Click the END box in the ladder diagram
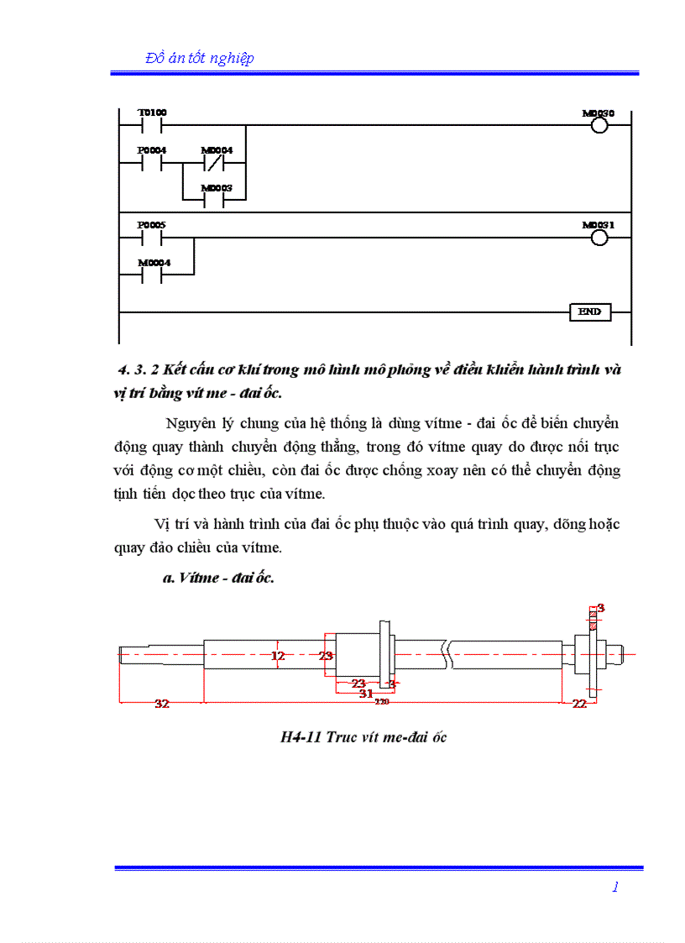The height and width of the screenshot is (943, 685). [x=589, y=312]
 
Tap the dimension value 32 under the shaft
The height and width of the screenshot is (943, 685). [x=162, y=705]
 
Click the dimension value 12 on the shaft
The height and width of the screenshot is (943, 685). [x=278, y=656]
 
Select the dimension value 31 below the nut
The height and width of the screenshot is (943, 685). [x=366, y=694]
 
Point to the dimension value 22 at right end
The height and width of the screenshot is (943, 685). [x=579, y=705]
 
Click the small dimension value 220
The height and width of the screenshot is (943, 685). [x=382, y=701]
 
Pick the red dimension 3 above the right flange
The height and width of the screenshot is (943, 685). [x=601, y=607]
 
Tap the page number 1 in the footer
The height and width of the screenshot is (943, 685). [x=615, y=887]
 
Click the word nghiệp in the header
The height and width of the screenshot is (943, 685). [x=229, y=58]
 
